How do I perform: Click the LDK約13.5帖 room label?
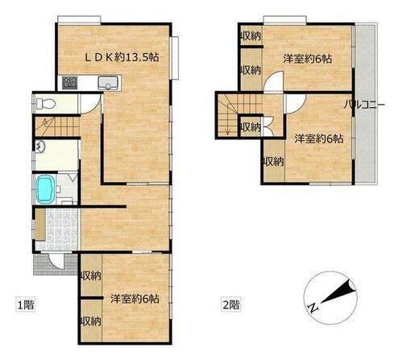point(123,57)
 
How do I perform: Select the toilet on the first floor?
point(45,103)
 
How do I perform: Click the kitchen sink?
point(107,83)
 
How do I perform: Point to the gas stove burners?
point(70,82)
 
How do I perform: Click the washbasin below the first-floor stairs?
point(40,147)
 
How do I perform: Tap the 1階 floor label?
point(26,305)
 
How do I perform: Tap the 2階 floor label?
point(231,304)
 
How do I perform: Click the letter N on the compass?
point(314,308)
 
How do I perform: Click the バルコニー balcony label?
point(364,105)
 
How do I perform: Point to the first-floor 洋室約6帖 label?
point(135,299)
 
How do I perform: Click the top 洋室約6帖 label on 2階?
point(307,59)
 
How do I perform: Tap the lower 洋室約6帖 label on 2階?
point(319,139)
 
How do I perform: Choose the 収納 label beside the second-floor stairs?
point(251,126)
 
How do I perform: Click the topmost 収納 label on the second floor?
point(251,35)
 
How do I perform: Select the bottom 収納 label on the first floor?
point(91,321)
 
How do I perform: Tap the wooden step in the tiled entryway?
point(40,225)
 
